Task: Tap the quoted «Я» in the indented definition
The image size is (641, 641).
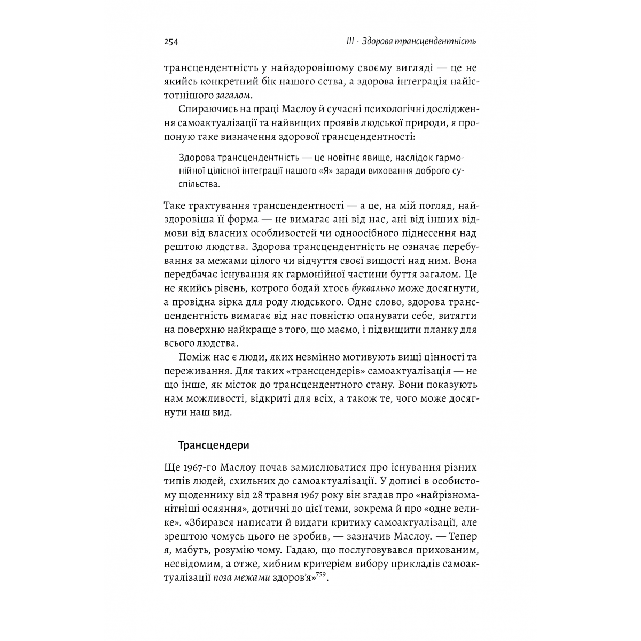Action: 316,171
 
